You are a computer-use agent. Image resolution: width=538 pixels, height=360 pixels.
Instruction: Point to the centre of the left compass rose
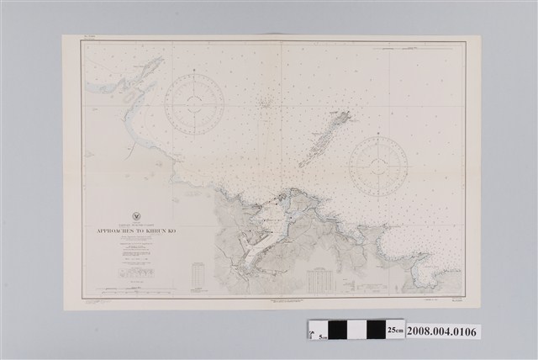click(194, 103)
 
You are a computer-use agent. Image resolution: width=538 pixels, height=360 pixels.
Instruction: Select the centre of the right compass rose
click(378, 167)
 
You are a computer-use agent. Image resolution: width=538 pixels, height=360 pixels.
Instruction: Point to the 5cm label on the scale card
click(319, 336)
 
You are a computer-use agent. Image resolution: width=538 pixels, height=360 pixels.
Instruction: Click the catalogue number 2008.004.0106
click(442, 331)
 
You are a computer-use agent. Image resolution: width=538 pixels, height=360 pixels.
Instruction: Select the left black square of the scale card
click(338, 329)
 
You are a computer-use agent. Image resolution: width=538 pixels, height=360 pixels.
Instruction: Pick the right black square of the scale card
click(376, 329)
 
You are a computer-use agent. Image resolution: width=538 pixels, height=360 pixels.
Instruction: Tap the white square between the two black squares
click(356, 329)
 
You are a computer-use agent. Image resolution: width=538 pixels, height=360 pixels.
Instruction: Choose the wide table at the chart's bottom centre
click(321, 279)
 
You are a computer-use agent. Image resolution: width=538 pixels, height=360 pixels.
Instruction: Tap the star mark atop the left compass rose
click(194, 71)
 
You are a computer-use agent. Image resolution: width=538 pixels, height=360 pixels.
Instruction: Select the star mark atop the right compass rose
click(378, 134)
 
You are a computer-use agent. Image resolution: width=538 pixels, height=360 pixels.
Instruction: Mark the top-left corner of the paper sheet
click(64, 36)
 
